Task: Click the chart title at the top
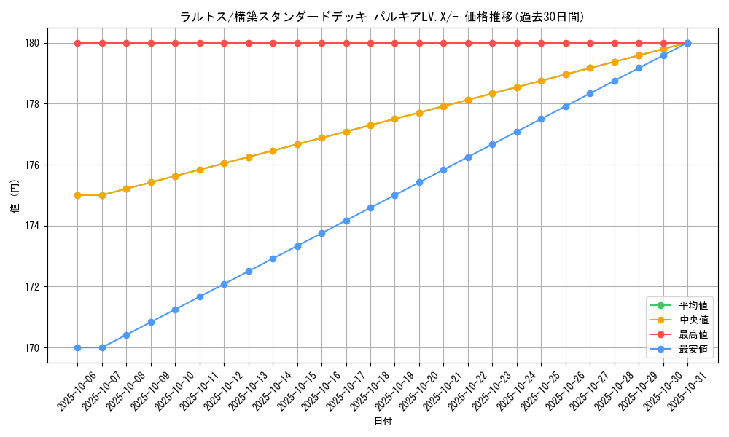[382, 17]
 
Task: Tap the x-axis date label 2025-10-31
[689, 390]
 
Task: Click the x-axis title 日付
[382, 422]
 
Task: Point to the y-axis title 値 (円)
[15, 195]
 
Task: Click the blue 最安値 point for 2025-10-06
[77, 347]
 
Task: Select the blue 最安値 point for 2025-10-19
[394, 195]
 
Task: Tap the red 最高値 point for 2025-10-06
[77, 43]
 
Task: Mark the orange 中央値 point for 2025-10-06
[77, 195]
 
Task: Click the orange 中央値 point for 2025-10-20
[419, 113]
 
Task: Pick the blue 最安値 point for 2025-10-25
[541, 119]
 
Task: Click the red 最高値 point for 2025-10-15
[297, 43]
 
